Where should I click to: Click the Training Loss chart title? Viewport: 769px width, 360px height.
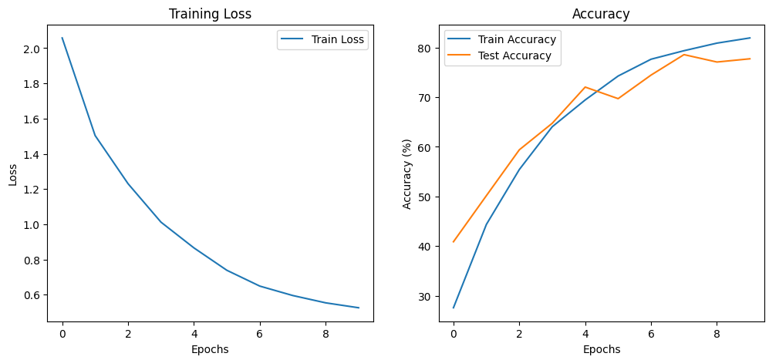pyautogui.click(x=211, y=14)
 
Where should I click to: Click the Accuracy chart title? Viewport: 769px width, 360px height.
pyautogui.click(x=602, y=14)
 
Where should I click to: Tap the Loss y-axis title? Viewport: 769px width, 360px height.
pyautogui.click(x=13, y=174)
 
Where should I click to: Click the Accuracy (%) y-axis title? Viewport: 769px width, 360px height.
pyautogui.click(x=407, y=174)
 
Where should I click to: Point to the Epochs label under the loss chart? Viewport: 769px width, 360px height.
pyautogui.click(x=211, y=349)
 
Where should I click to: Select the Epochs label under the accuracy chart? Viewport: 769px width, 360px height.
pyautogui.click(x=602, y=349)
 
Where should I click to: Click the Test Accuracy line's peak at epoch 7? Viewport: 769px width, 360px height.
pyautogui.click(x=684, y=55)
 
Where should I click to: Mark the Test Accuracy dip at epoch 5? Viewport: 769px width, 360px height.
pyautogui.click(x=618, y=99)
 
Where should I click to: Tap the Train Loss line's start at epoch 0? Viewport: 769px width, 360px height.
pyautogui.click(x=62, y=38)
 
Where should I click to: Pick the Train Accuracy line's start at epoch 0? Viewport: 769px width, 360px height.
pyautogui.click(x=454, y=308)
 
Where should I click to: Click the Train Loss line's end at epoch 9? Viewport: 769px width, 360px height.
pyautogui.click(x=359, y=308)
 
